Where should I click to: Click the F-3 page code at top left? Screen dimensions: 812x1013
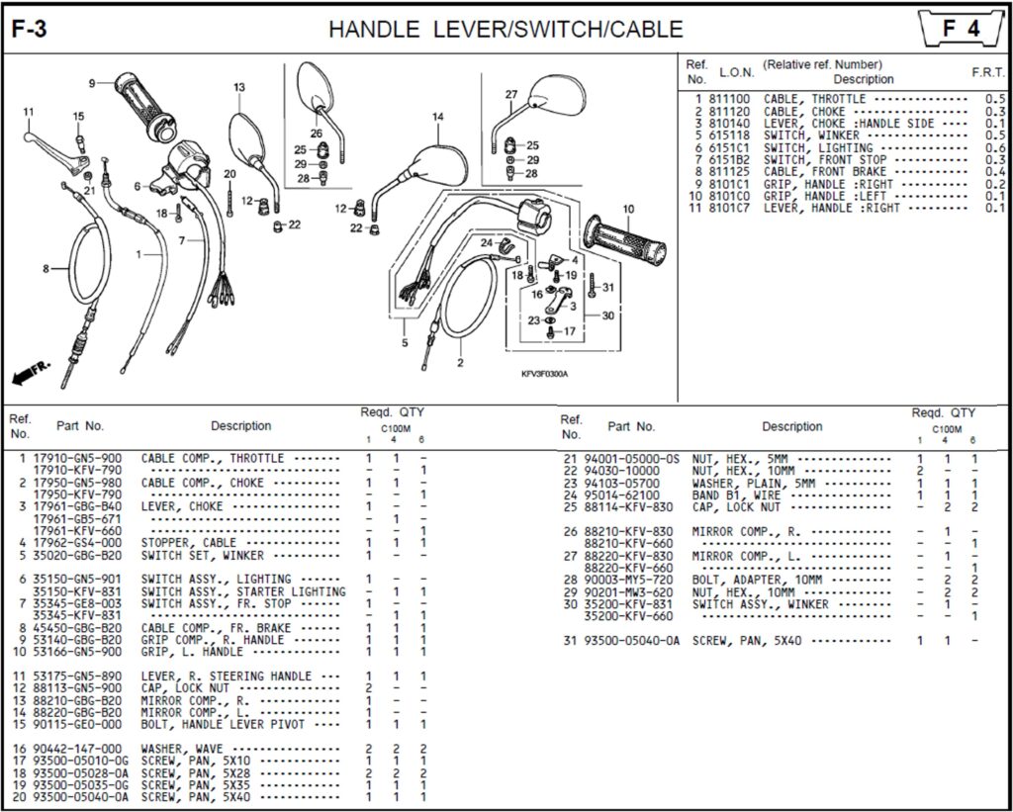[30, 30]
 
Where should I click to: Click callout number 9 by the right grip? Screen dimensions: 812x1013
[92, 83]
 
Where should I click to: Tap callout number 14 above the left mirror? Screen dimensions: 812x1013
[437, 117]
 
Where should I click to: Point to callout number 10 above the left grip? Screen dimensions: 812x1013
[627, 209]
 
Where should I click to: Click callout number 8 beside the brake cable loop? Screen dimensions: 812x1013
[46, 268]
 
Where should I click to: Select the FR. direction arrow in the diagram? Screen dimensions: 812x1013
[31, 373]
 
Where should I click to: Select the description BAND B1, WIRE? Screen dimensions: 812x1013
[737, 496]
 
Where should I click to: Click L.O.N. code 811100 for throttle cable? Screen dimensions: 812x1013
[729, 99]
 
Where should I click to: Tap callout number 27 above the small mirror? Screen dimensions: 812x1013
[511, 95]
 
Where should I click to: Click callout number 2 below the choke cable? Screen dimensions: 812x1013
[460, 363]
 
